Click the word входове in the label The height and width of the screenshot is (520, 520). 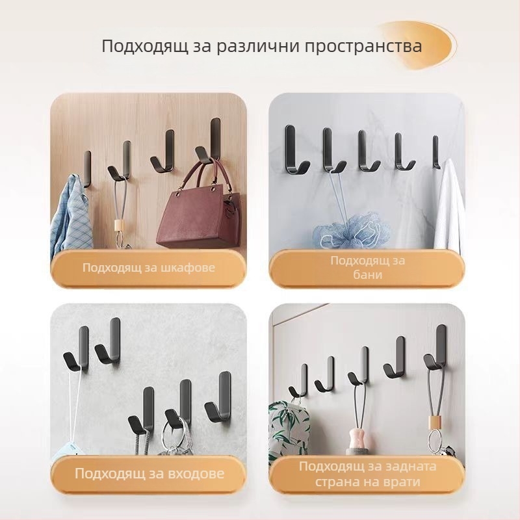(194, 473)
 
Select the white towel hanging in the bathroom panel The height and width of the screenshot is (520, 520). (449, 208)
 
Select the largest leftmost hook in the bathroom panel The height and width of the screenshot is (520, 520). (292, 149)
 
